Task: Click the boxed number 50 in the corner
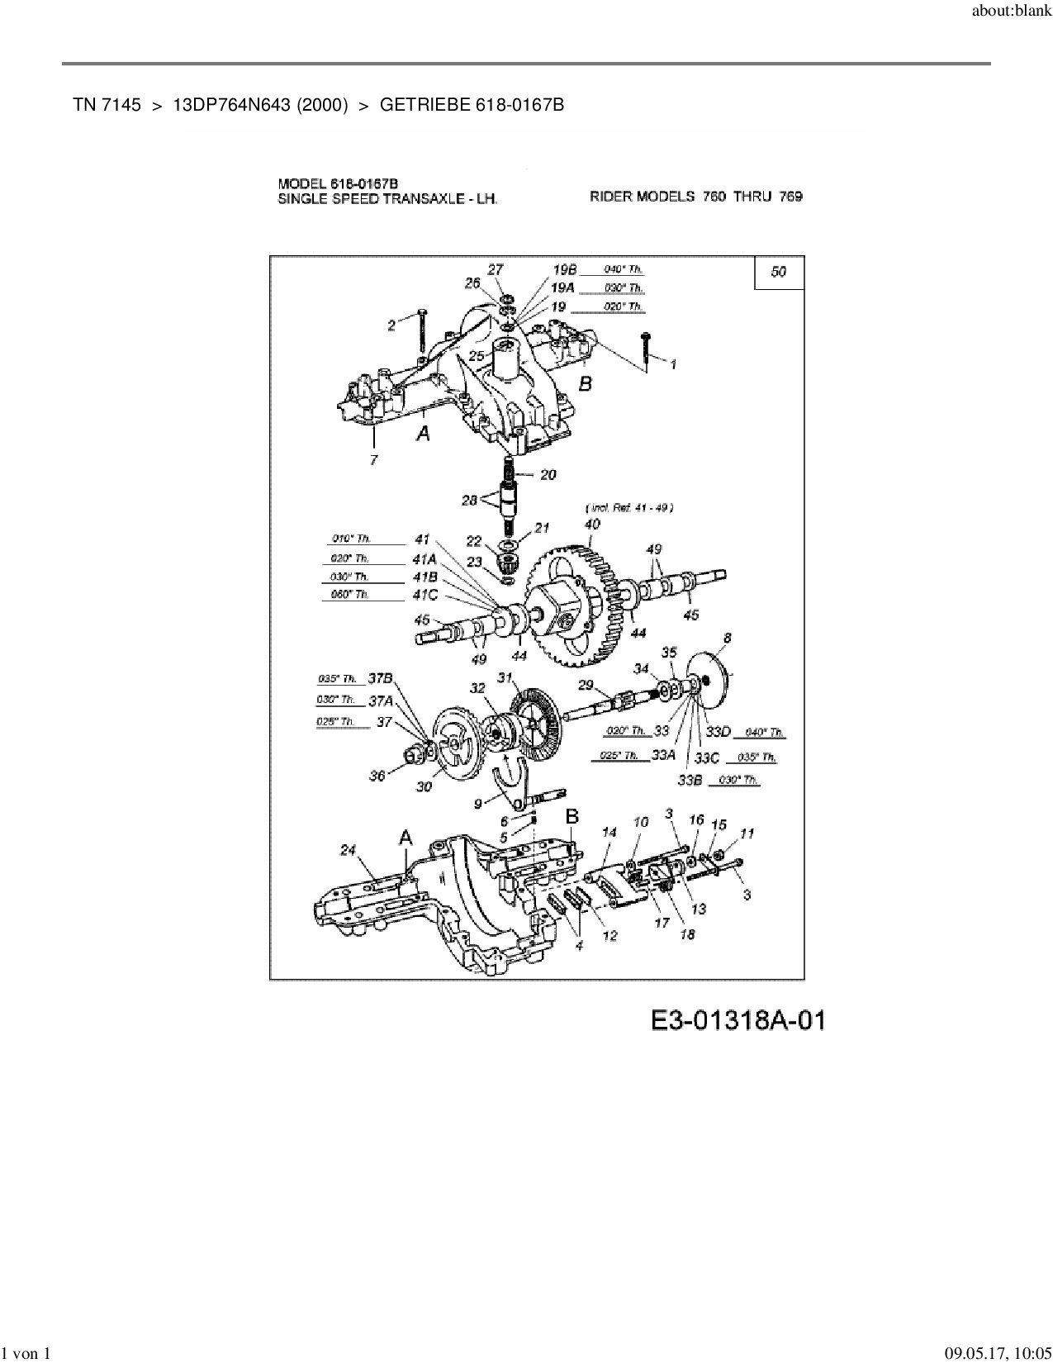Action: click(x=778, y=272)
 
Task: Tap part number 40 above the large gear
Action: click(x=592, y=524)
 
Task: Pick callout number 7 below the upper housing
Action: click(x=374, y=459)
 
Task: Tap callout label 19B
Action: click(x=565, y=269)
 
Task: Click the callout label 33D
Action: click(x=719, y=732)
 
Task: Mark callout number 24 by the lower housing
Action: click(x=347, y=849)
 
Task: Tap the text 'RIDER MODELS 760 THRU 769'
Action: click(x=695, y=197)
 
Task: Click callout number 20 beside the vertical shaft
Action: click(x=548, y=474)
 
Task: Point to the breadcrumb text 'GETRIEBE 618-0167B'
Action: click(x=472, y=105)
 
